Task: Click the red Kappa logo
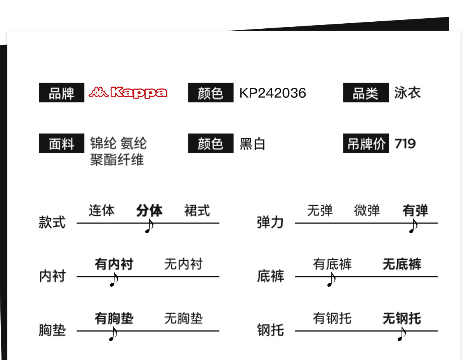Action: coord(128,92)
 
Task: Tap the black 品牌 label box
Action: coord(61,93)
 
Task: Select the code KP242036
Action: coord(273,93)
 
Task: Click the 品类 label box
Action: coord(365,93)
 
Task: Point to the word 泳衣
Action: coord(407,93)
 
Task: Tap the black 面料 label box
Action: coord(61,144)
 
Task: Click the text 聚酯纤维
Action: coord(117,159)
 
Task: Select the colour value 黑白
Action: coord(252,144)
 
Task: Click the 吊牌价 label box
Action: coord(365,144)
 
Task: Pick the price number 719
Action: coord(405,144)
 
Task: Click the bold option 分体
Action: coord(149,211)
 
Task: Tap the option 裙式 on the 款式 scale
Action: coord(197,211)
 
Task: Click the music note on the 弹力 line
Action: coord(413,226)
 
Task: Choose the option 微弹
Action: coord(367,211)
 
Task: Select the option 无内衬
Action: coord(183,264)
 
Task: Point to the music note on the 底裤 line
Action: coord(331,280)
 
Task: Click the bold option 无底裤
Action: coord(402,264)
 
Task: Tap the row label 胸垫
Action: coord(52,331)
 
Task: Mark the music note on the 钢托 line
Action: coord(402,334)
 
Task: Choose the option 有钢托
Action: coord(332,318)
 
